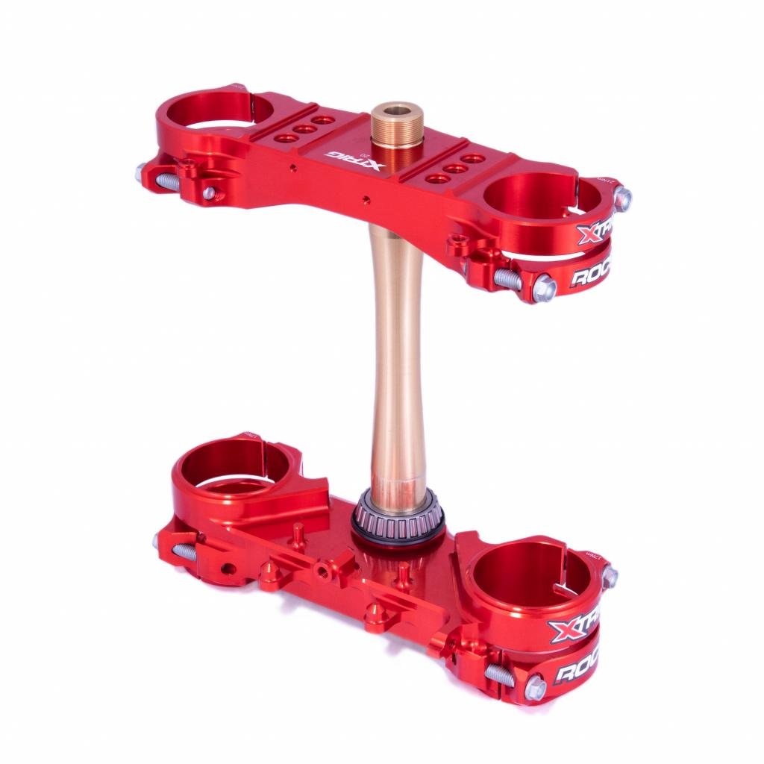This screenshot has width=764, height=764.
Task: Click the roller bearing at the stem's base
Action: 398,516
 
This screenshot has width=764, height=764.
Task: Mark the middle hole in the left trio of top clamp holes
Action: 304,128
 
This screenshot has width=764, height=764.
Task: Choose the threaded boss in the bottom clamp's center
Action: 322,571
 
